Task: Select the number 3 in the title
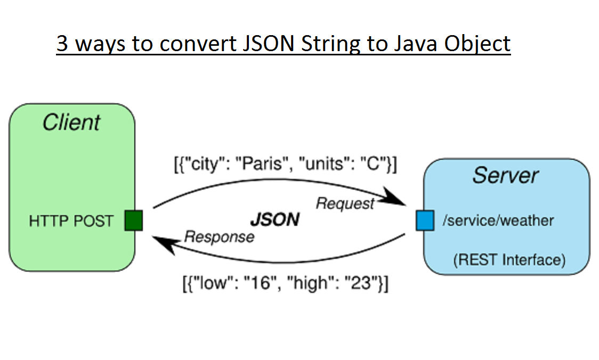point(62,44)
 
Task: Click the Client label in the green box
point(71,122)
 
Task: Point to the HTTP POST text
point(71,221)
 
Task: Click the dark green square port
point(134,220)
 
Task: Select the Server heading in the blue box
point(505,175)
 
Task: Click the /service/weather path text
point(498,220)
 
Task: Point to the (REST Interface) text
point(509,260)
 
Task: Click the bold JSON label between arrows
point(275,219)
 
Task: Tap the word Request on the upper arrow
point(345,203)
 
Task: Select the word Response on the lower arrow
point(219,237)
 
